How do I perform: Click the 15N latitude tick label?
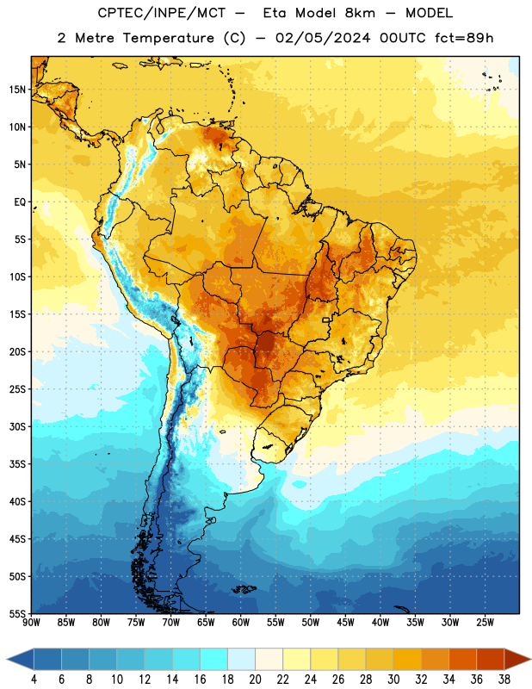pos(17,90)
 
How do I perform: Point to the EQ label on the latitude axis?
pos(20,202)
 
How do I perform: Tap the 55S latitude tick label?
pos(17,613)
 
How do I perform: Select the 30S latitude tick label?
pos(17,426)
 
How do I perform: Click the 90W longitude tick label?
pos(31,622)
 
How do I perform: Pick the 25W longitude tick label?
pos(485,622)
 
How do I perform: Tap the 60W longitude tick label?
pos(241,622)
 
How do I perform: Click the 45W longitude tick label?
pos(345,622)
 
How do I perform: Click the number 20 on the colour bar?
pos(255,680)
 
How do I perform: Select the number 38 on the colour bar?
pos(504,680)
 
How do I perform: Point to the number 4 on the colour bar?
pos(34,680)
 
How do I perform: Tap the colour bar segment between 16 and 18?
pos(214,659)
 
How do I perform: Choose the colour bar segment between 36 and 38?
pos(491,659)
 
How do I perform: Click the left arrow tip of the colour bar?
pos(7,659)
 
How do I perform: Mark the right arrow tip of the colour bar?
pos(530,659)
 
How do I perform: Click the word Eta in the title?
pos(275,13)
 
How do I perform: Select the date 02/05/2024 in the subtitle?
pos(323,38)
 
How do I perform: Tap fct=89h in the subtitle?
pos(464,38)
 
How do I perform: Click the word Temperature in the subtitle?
pos(168,39)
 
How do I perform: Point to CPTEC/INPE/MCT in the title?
pos(162,13)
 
